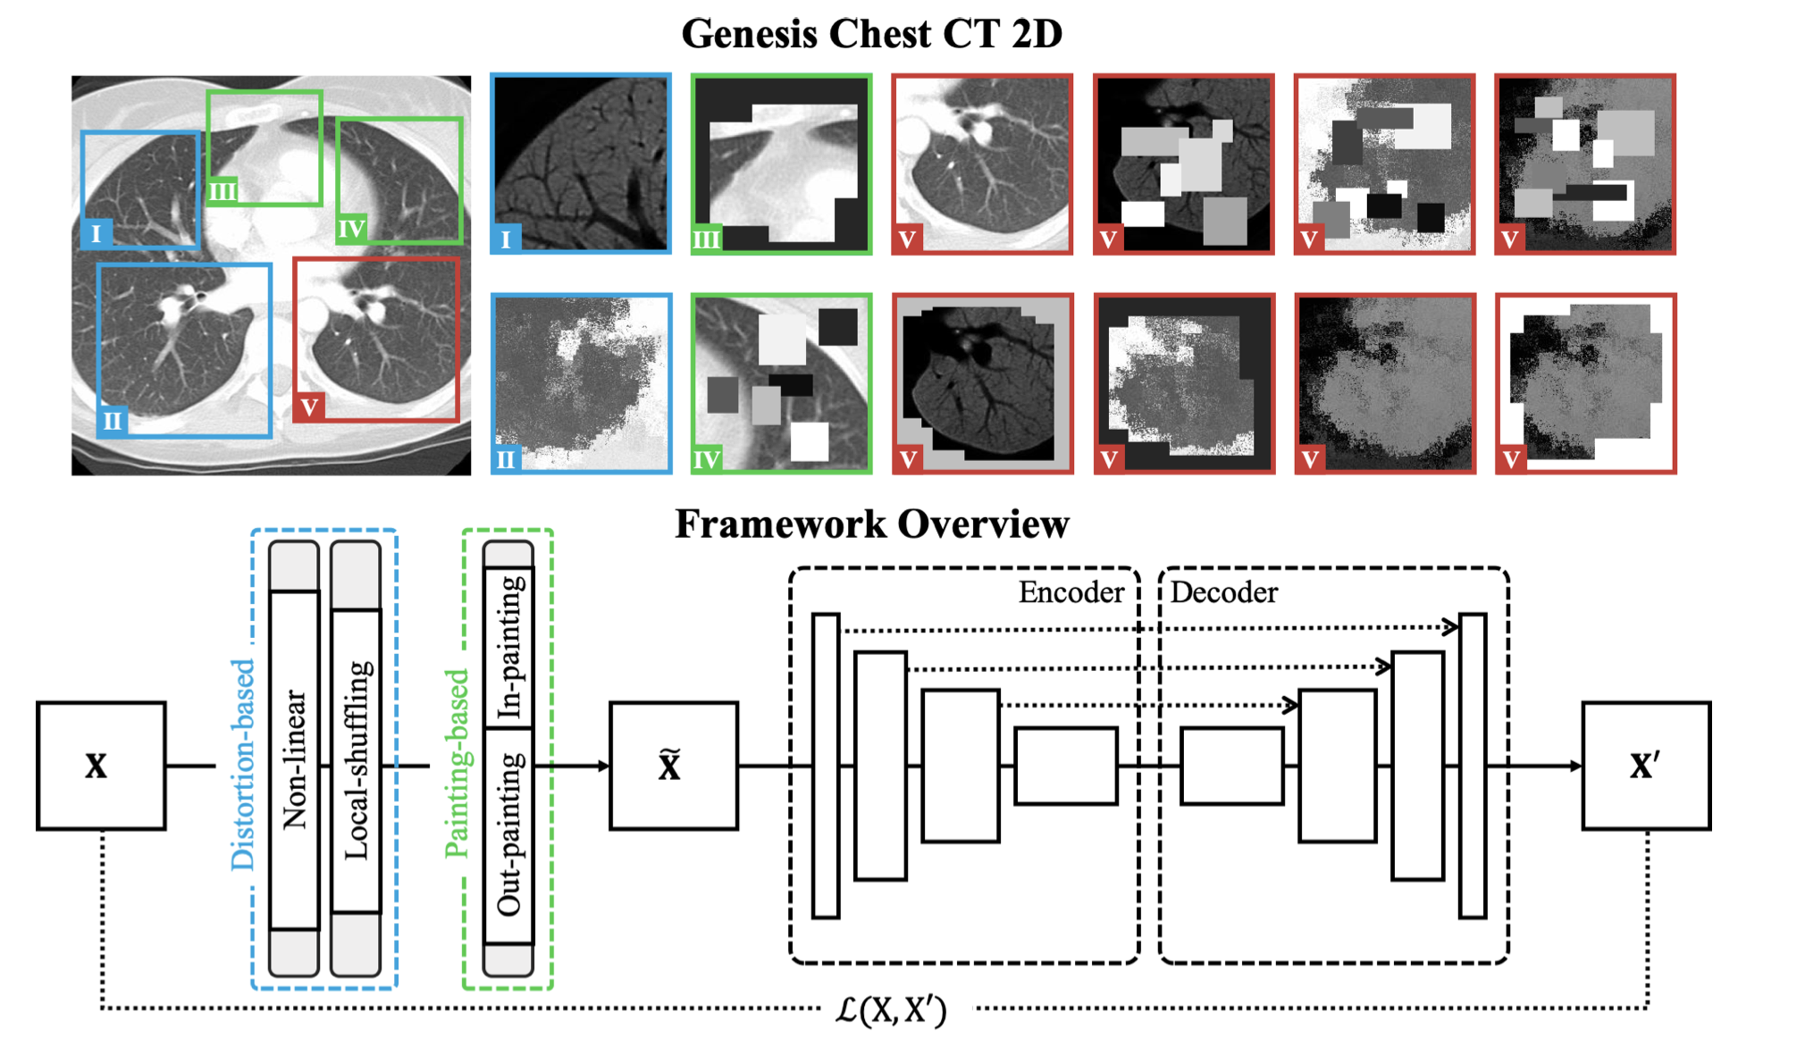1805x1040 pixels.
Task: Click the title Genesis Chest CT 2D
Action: tap(871, 34)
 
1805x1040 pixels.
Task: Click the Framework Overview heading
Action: tap(871, 524)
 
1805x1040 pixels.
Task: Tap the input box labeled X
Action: tap(101, 766)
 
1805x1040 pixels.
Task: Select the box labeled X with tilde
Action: tap(673, 766)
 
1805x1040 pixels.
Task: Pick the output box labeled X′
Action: tap(1646, 766)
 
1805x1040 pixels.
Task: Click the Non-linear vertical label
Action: tap(294, 759)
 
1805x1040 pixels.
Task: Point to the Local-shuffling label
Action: tap(356, 759)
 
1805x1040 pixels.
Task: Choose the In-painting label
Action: tap(509, 648)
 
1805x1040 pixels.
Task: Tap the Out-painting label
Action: tap(509, 834)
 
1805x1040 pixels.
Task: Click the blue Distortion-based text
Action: tap(242, 764)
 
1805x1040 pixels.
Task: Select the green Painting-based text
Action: tap(456, 764)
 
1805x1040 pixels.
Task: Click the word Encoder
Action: tap(1070, 592)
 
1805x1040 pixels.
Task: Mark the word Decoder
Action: tap(1223, 592)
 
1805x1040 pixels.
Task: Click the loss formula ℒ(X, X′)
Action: tap(891, 1010)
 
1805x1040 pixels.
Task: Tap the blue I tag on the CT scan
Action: tap(97, 234)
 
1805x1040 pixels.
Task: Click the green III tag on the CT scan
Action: tap(222, 191)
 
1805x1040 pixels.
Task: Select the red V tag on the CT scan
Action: tap(309, 407)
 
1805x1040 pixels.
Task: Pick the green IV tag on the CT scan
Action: tap(351, 230)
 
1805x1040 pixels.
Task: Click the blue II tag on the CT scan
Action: tap(113, 420)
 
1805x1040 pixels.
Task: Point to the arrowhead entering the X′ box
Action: tap(1575, 766)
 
